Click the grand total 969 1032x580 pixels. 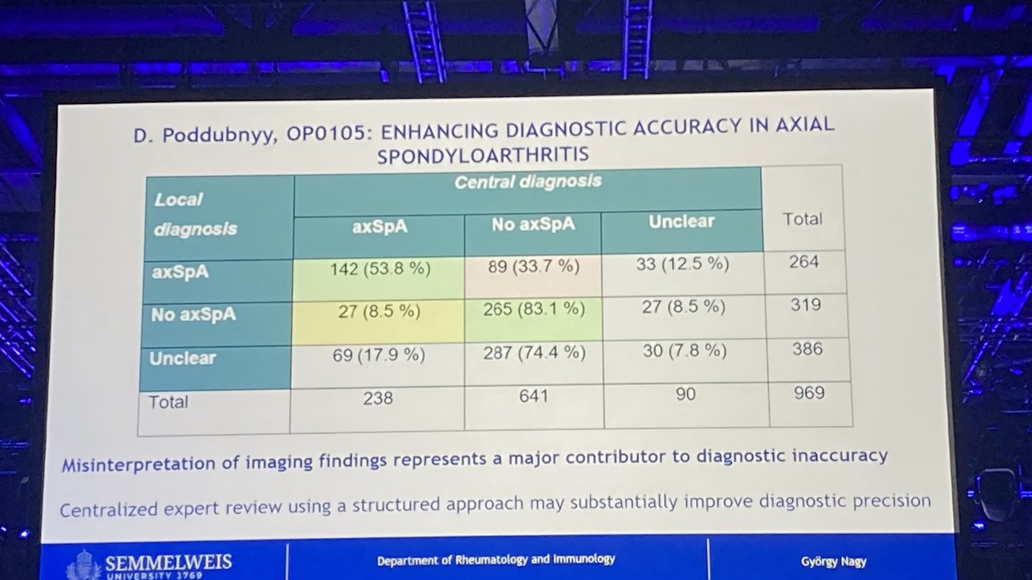tap(809, 393)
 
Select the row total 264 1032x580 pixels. tap(804, 262)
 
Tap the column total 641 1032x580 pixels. tap(533, 396)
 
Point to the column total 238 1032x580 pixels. tap(378, 398)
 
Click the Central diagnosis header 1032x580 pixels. tap(528, 182)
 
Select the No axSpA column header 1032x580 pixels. tap(533, 224)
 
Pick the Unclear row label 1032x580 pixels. tap(182, 358)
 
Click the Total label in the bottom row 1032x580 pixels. tap(168, 402)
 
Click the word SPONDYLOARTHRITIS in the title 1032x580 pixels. tap(482, 156)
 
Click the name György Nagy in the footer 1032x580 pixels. tap(833, 562)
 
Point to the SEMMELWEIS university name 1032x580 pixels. tap(169, 562)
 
